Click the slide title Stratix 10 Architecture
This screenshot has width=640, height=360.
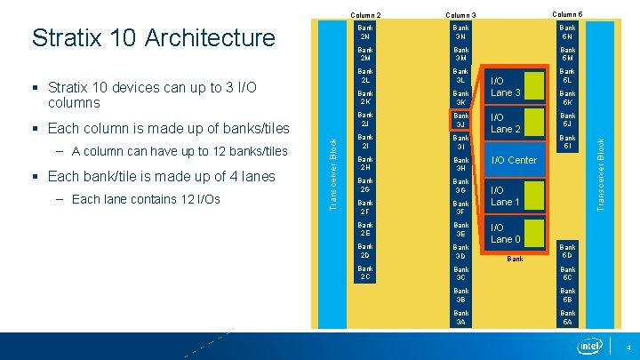point(153,37)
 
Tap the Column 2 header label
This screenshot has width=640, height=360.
point(364,14)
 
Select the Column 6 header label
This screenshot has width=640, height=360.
point(567,13)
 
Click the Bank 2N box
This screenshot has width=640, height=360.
point(364,32)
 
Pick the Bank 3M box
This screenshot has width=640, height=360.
point(460,54)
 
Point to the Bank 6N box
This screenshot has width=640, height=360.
point(567,32)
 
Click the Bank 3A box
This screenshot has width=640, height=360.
point(460,317)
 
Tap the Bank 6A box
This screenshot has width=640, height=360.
point(567,317)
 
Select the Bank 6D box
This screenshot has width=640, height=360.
point(567,252)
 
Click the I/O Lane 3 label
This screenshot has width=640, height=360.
point(506,87)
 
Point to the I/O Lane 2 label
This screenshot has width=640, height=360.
point(506,123)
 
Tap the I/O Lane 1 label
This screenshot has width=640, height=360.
point(506,196)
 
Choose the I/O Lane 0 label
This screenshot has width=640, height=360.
point(506,233)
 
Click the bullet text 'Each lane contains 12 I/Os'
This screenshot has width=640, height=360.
point(145,199)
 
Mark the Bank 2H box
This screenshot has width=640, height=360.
point(364,164)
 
